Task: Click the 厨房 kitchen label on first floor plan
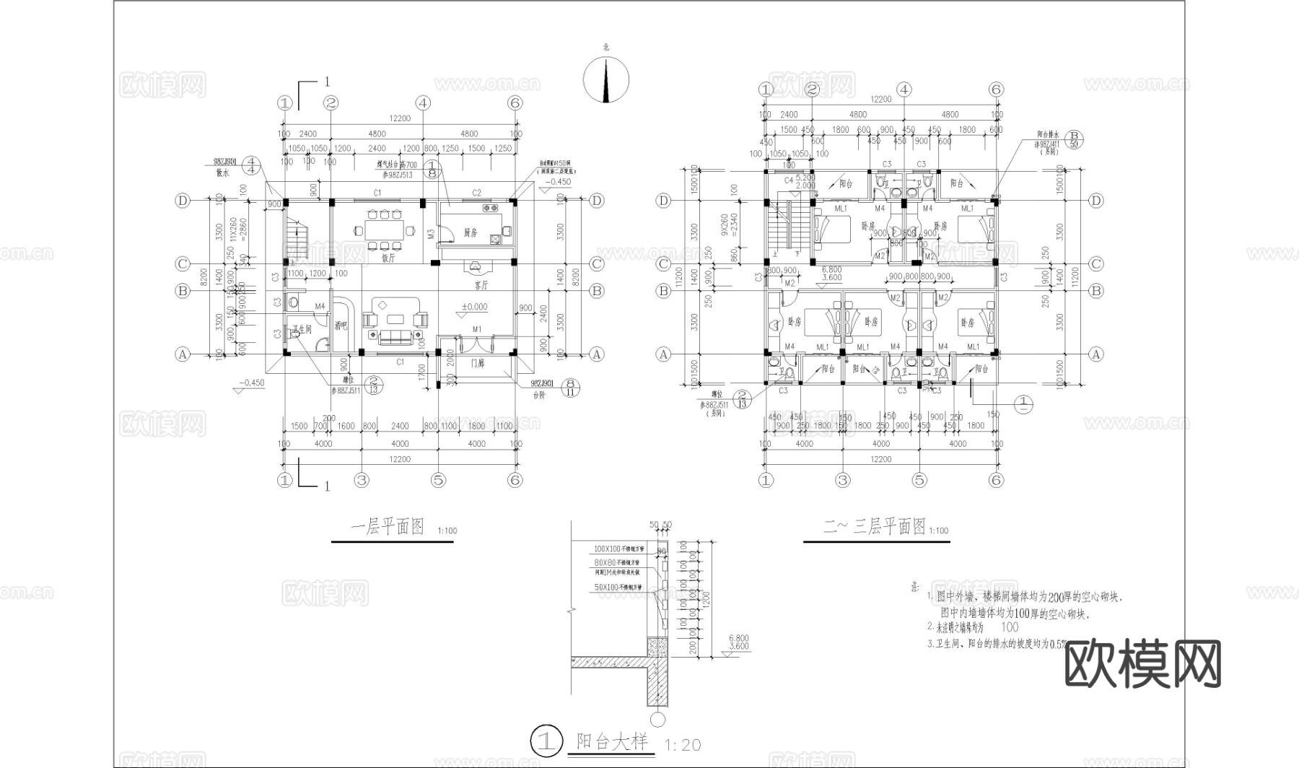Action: point(471,232)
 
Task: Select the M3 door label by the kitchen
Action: point(431,233)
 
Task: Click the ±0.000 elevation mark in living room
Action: point(474,307)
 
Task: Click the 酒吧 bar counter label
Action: point(341,326)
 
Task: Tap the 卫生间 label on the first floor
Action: point(302,329)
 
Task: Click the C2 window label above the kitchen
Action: point(476,193)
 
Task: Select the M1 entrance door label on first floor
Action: point(477,329)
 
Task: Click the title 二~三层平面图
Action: point(874,527)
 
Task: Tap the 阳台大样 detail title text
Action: point(612,741)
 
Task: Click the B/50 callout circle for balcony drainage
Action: point(1074,139)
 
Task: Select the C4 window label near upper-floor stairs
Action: point(789,179)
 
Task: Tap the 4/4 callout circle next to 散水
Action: point(251,165)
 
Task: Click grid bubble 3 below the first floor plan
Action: point(362,480)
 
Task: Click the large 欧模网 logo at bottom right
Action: point(1143,665)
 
